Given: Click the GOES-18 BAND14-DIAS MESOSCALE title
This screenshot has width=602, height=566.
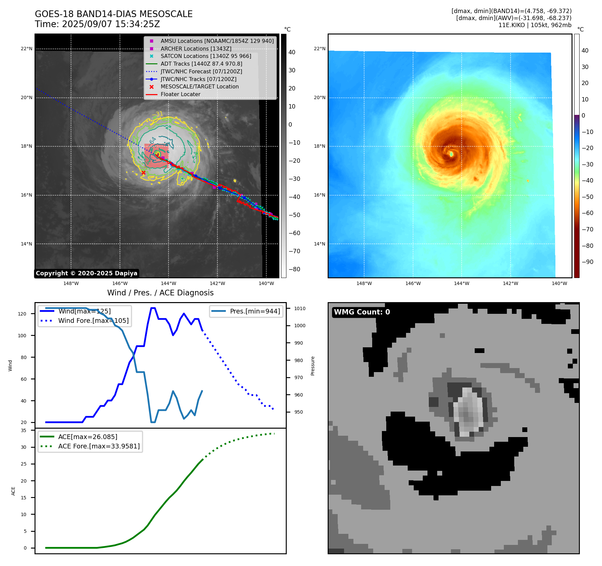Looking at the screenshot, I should [114, 14].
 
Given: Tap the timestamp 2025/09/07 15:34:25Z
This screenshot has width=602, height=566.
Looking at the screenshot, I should [111, 24].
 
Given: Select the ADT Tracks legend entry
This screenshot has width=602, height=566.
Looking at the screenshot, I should [201, 64].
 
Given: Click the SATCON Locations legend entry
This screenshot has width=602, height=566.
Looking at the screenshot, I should [206, 56].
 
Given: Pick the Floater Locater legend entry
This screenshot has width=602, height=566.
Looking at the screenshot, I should [180, 94].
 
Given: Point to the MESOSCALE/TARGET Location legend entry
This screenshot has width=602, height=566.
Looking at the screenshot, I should [199, 87].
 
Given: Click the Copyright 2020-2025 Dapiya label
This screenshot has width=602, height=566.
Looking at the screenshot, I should [86, 273].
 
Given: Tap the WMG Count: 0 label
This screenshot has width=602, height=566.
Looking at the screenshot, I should [362, 312].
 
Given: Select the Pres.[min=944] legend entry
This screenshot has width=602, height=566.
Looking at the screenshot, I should [255, 311].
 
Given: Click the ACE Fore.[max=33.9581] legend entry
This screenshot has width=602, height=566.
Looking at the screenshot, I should [99, 446].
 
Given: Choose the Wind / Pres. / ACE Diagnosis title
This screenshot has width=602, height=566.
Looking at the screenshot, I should [160, 293].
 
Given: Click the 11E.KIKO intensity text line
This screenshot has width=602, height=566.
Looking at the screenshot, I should [535, 25].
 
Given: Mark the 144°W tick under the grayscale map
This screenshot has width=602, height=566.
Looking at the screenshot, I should [169, 283].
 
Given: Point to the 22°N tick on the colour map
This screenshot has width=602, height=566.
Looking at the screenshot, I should [319, 49].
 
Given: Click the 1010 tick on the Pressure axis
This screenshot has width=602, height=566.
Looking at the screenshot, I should [300, 308].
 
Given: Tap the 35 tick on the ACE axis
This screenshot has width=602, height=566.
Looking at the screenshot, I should [23, 430].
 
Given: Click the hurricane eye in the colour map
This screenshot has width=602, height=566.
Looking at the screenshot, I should [451, 154].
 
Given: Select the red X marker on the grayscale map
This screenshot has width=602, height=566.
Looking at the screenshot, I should [143, 173].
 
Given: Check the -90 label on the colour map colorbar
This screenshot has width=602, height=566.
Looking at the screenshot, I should [587, 262].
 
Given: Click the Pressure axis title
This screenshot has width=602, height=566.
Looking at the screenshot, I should [313, 366].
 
